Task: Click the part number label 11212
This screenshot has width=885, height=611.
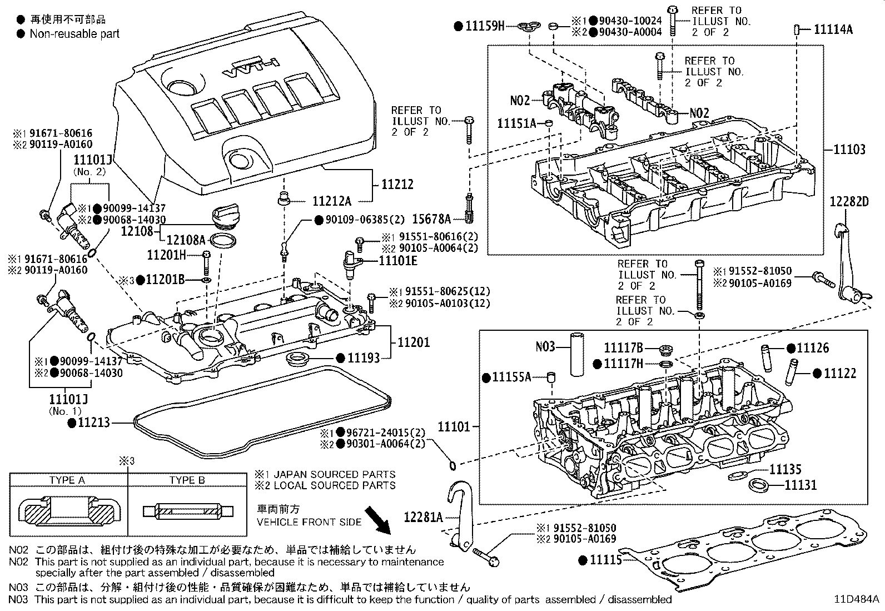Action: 397,184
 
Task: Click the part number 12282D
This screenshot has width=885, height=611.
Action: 849,201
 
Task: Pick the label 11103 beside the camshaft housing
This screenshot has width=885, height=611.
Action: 849,149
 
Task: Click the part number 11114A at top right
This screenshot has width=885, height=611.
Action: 833,29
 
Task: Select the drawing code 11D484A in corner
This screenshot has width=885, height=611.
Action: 856,599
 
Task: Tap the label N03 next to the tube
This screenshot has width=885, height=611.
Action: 545,347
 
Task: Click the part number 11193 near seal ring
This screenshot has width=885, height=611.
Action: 364,358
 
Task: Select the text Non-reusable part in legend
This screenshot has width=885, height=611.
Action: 74,34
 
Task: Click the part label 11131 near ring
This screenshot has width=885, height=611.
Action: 801,485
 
